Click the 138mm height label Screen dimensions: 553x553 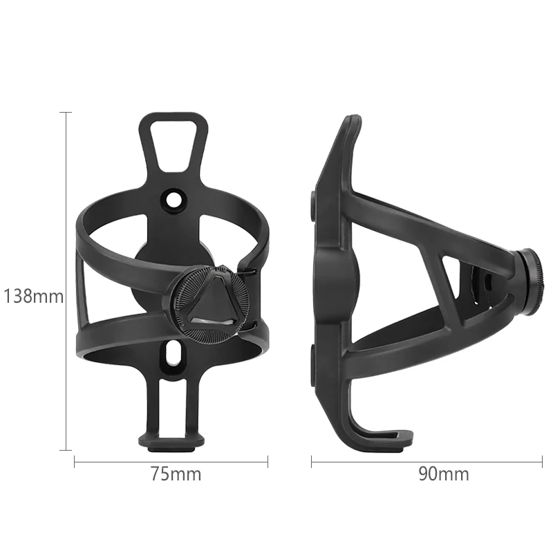pyautogui.click(x=33, y=297)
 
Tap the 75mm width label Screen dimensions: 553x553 pyautogui.click(x=176, y=474)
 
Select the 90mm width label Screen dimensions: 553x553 pyautogui.click(x=443, y=474)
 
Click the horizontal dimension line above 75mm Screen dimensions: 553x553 pyautogui.click(x=171, y=460)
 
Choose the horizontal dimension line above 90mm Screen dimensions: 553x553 pyautogui.click(x=425, y=460)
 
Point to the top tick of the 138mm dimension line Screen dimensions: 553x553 pyautogui.click(x=66, y=112)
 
